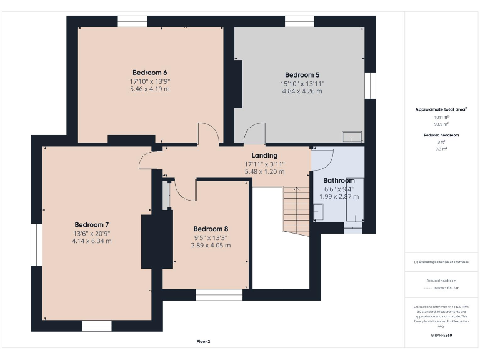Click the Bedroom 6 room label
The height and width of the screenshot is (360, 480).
(149, 72)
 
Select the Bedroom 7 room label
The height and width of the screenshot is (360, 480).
(92, 224)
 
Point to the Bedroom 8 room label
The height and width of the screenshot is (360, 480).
(211, 229)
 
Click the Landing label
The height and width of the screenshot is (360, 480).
(264, 156)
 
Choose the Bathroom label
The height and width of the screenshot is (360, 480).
(339, 180)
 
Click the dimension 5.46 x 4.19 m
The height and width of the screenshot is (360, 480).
(149, 89)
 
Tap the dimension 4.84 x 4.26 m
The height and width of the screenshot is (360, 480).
(302, 91)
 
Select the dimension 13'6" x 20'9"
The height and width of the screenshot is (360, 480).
(92, 233)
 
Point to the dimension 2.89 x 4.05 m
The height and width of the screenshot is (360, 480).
(211, 246)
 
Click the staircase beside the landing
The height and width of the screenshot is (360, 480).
(296, 210)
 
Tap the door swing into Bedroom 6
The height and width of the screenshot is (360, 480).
(207, 134)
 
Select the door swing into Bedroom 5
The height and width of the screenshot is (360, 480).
(254, 134)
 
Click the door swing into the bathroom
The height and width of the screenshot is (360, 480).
(322, 159)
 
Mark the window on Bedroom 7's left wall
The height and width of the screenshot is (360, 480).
(36, 245)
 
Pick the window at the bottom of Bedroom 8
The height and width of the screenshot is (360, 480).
(219, 294)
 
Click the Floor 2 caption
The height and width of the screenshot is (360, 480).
(203, 342)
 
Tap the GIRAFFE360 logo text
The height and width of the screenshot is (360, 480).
(441, 336)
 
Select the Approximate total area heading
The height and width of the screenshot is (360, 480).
(441, 109)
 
